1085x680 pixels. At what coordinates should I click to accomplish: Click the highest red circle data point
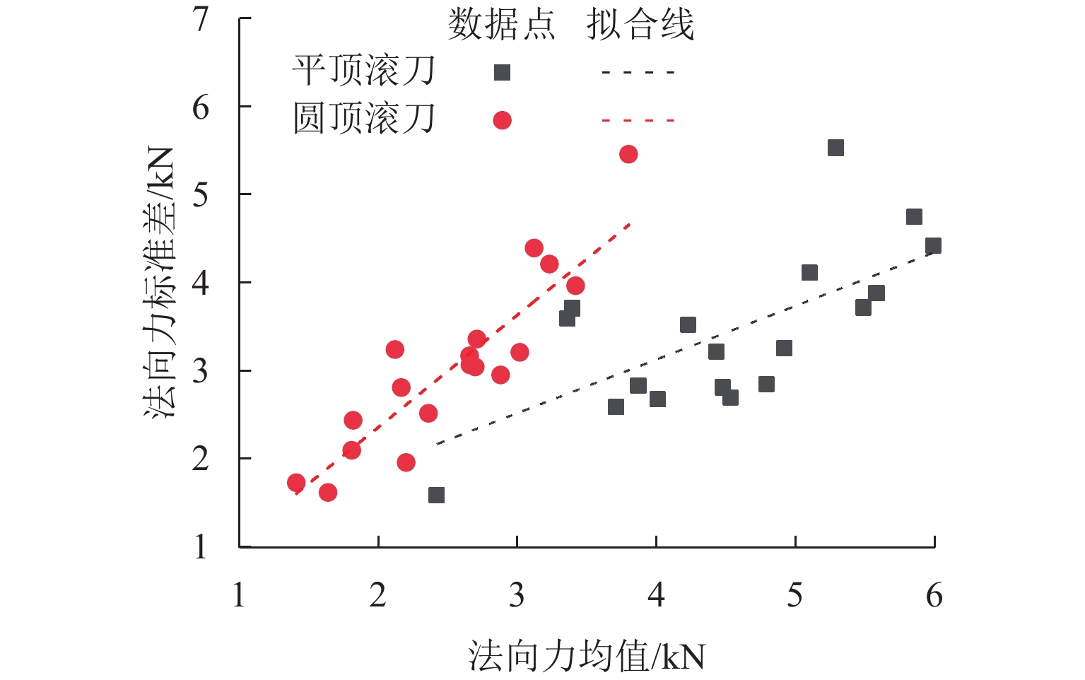[628, 154]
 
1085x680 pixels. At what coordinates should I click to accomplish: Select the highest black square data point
[835, 148]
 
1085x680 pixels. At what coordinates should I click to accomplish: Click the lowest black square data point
[436, 495]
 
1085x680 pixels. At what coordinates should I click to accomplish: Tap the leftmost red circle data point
[296, 483]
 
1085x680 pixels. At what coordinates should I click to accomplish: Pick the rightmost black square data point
[933, 246]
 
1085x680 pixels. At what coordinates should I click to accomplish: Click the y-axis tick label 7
[201, 19]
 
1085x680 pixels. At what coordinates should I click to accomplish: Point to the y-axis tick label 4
[201, 283]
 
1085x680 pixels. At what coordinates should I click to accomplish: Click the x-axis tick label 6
[934, 595]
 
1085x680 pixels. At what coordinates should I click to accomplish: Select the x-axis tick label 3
[517, 595]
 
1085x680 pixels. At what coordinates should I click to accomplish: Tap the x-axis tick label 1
[239, 595]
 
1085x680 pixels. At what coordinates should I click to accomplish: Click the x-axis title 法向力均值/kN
[586, 657]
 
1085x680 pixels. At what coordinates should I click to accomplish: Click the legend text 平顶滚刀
[363, 71]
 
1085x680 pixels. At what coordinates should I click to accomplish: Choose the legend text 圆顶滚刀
[363, 119]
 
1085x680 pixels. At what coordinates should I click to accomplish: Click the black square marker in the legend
[502, 72]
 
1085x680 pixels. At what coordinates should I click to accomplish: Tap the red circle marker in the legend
[502, 120]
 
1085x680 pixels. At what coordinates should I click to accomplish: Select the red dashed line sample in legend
[638, 120]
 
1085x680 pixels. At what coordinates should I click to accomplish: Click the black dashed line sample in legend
[638, 72]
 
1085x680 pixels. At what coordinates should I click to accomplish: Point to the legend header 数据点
[501, 26]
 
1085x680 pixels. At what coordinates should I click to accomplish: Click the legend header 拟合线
[640, 26]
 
